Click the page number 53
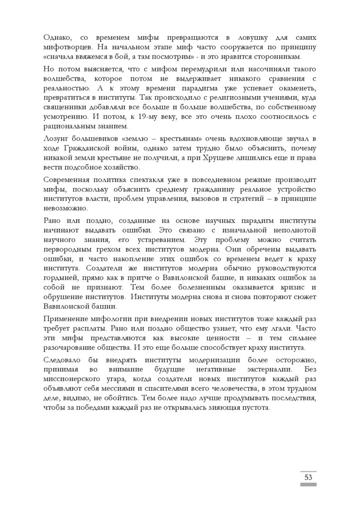308,477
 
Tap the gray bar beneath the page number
308,484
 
